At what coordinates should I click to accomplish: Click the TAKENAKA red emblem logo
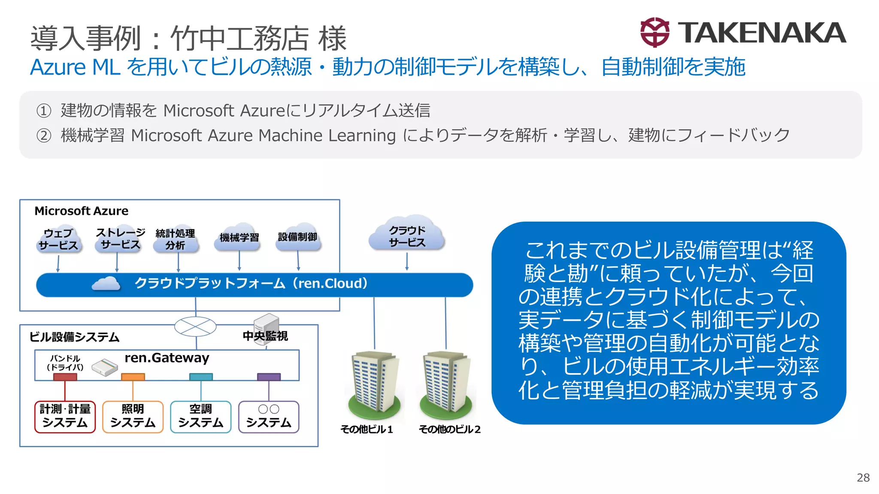(x=655, y=33)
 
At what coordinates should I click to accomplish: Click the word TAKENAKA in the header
(x=762, y=33)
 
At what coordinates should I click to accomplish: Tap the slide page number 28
(x=863, y=478)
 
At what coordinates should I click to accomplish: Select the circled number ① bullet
(x=44, y=111)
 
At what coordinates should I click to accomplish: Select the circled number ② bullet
(x=44, y=136)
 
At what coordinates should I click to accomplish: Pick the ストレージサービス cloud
(x=120, y=239)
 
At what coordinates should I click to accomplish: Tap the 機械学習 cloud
(x=239, y=237)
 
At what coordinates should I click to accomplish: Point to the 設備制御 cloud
(x=298, y=237)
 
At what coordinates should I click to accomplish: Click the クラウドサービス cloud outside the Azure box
(x=407, y=235)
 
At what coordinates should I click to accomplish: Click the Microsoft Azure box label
(x=82, y=211)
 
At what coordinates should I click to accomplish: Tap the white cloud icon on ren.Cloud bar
(x=106, y=284)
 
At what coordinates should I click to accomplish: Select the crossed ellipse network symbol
(x=195, y=327)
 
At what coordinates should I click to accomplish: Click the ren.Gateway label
(x=167, y=358)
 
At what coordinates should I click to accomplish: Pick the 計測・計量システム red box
(x=65, y=416)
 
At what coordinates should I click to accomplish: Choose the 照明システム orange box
(x=133, y=416)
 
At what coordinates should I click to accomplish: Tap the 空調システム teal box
(x=201, y=416)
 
